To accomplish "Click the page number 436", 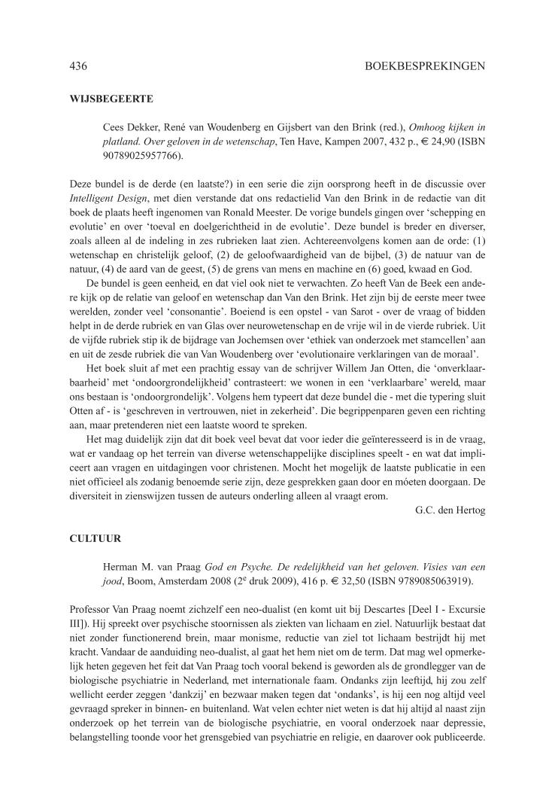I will click(x=78, y=66).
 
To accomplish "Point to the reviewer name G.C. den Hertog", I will click(x=450, y=511).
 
